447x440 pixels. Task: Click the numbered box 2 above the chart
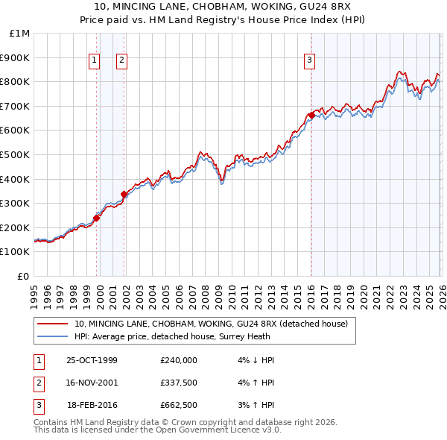(121, 61)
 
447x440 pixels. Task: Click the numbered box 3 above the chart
(309, 61)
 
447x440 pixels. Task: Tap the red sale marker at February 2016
(311, 115)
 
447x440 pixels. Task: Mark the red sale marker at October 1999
(97, 218)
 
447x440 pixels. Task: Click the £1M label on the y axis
(20, 34)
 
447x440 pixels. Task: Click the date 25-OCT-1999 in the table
(92, 360)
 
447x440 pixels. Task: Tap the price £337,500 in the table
(179, 383)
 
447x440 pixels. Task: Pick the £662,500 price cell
(179, 405)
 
